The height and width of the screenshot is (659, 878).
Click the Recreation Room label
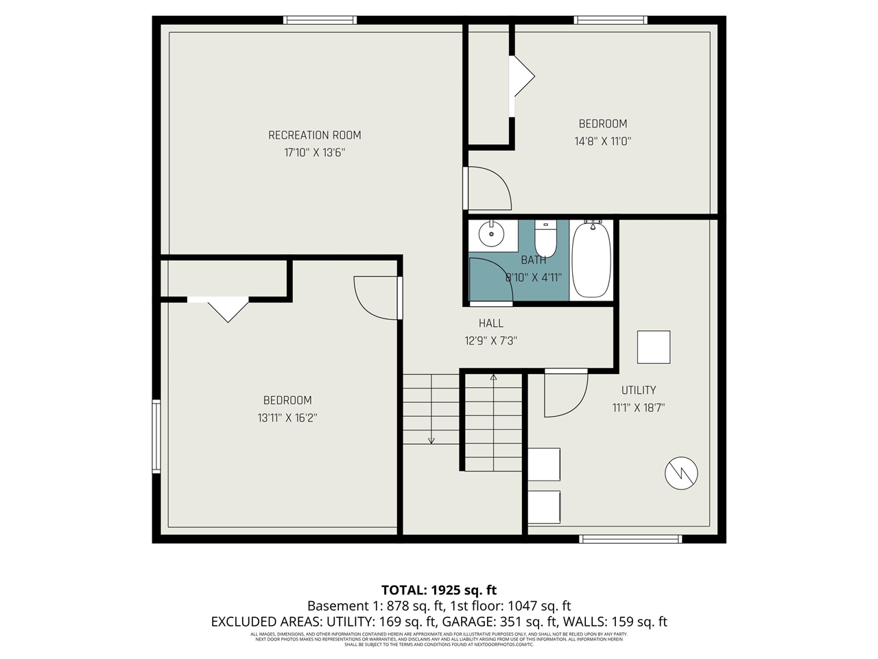(314, 135)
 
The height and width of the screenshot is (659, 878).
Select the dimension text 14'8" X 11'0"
(602, 141)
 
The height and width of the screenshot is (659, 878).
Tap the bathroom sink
(491, 234)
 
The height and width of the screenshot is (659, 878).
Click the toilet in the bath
(545, 238)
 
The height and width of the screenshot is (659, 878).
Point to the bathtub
(591, 259)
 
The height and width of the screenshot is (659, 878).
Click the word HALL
(490, 323)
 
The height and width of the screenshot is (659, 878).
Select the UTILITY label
(638, 390)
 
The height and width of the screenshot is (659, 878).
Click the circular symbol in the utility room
(681, 472)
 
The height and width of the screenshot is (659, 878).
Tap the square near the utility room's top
(653, 347)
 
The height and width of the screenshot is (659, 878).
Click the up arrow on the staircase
(493, 377)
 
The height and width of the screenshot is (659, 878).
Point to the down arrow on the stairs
(431, 440)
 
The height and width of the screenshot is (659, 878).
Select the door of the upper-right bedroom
(487, 188)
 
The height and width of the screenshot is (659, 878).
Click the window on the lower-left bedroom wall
(156, 437)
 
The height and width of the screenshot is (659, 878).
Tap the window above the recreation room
(320, 20)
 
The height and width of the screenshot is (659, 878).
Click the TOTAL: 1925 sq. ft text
(439, 590)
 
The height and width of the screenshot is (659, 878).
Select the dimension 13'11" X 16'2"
(287, 417)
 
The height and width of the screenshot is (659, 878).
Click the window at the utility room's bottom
(630, 539)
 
